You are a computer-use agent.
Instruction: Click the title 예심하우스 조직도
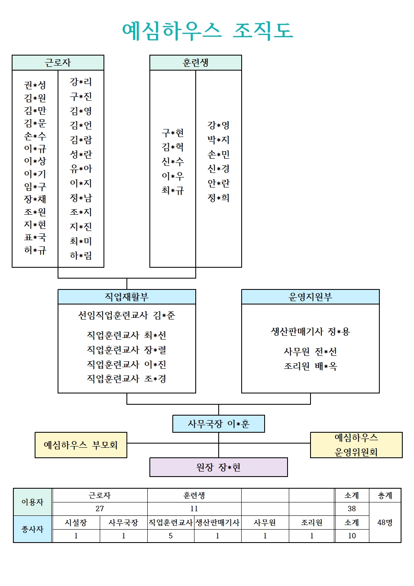click(x=207, y=31)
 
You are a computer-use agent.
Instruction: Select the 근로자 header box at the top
click(x=58, y=63)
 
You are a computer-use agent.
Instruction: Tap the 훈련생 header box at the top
click(x=195, y=63)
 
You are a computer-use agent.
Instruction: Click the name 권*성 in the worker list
click(x=35, y=85)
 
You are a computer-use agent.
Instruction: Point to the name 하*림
click(x=81, y=255)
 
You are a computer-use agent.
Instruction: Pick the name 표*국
click(x=35, y=237)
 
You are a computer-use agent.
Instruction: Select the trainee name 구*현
click(x=173, y=133)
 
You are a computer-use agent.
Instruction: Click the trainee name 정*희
click(x=219, y=198)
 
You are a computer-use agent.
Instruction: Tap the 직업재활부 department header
click(x=127, y=297)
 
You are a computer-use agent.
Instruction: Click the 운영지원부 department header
click(x=310, y=297)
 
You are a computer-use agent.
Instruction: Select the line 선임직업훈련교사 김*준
click(x=127, y=315)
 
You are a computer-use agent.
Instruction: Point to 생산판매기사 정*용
click(x=310, y=332)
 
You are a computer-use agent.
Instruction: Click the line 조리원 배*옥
click(x=310, y=366)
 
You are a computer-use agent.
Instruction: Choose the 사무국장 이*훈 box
click(x=219, y=424)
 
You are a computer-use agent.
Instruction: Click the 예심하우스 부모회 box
click(x=81, y=445)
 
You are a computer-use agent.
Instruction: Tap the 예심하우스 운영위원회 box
click(x=356, y=445)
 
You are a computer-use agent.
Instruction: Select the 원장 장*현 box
click(x=219, y=467)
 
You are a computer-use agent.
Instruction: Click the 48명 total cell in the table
click(x=385, y=523)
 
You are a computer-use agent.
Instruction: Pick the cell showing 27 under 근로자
click(x=100, y=509)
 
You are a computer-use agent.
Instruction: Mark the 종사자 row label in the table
click(x=33, y=529)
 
